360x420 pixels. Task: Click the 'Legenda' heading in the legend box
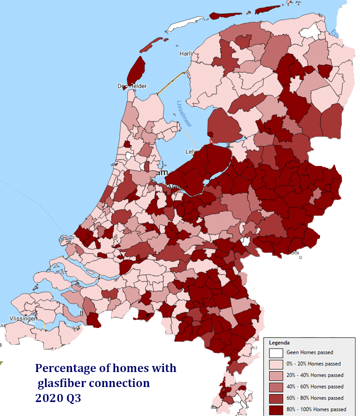point(279,343)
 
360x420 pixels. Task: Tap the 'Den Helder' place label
point(132,86)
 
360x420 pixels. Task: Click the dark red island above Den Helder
point(136,69)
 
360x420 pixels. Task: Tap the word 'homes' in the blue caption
point(124,368)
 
